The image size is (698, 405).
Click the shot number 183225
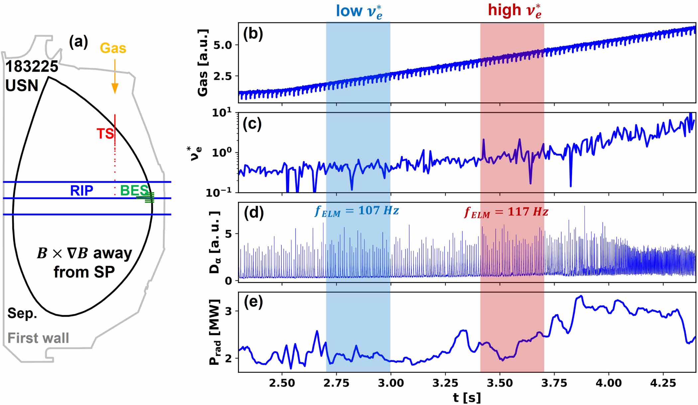32,67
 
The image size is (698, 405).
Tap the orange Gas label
113,48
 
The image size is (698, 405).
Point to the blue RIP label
81,191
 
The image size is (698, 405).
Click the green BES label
134,191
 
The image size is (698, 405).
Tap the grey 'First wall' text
38,338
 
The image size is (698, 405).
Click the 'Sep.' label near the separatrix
22,313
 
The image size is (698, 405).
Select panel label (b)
253,34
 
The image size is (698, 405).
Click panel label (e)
253,302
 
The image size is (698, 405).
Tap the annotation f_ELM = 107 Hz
357,211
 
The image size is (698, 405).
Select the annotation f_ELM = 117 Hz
506,212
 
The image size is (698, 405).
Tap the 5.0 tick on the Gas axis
223,45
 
